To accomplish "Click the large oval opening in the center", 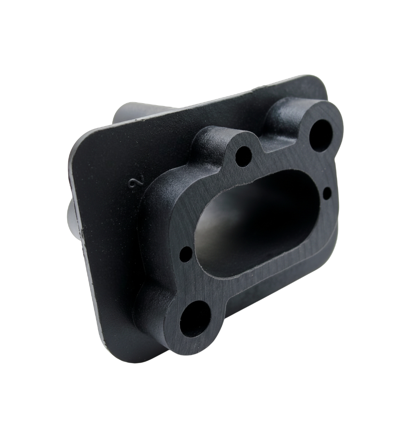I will [256, 224].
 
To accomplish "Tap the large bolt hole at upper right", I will [320, 135].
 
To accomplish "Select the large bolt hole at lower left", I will [195, 319].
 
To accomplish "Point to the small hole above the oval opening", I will [243, 157].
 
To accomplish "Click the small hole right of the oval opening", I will [327, 193].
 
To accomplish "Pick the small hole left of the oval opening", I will [186, 254].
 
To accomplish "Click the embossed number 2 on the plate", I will [135, 183].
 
